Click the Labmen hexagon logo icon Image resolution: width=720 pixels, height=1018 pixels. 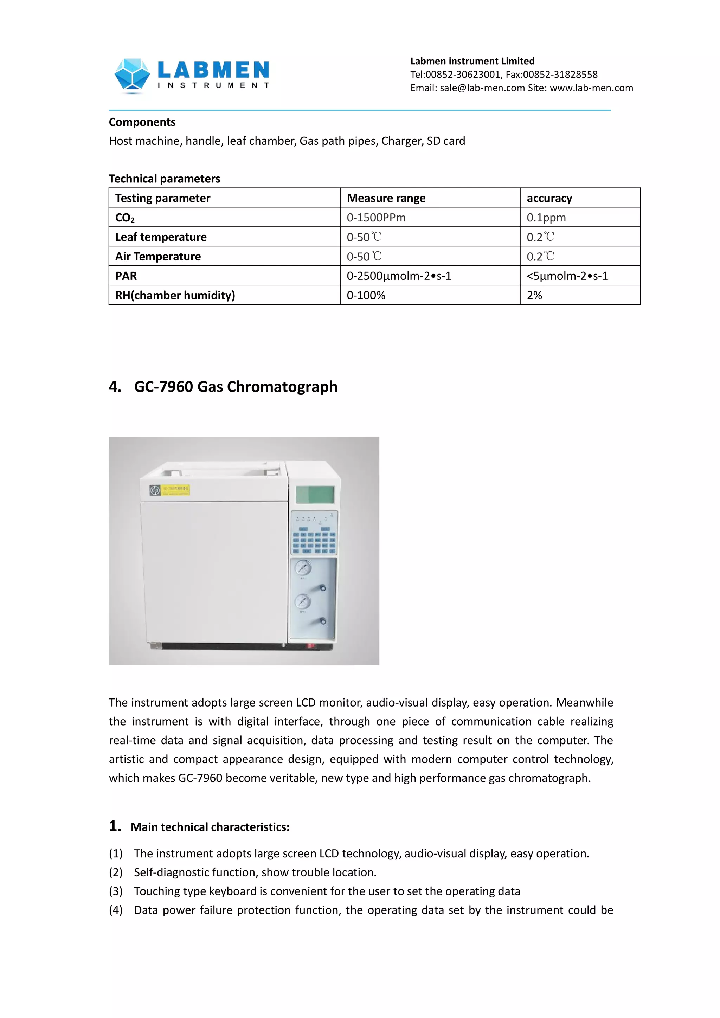(x=132, y=75)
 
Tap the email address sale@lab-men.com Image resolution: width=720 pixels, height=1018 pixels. (x=482, y=88)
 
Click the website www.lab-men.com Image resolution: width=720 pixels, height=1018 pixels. (x=591, y=88)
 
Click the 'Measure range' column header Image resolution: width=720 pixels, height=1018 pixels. (x=386, y=198)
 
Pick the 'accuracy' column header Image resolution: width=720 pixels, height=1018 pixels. (x=549, y=198)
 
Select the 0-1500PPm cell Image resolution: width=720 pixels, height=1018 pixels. (x=376, y=218)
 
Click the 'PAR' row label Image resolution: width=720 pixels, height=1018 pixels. (x=126, y=276)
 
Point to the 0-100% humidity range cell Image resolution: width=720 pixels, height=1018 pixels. (x=366, y=295)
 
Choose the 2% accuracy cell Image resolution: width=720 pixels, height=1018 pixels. (x=534, y=295)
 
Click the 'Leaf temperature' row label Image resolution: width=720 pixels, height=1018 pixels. (x=161, y=237)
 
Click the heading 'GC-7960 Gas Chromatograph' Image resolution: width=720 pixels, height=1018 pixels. (x=236, y=387)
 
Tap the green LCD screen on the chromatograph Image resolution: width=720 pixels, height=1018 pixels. (x=315, y=494)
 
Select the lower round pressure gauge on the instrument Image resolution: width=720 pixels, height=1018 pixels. (x=303, y=601)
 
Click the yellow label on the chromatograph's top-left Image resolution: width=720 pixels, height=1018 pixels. (x=175, y=490)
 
